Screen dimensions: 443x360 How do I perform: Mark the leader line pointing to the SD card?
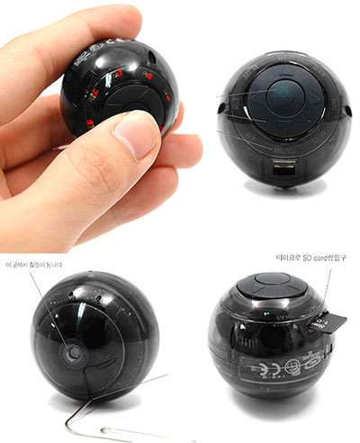click(328, 288)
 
